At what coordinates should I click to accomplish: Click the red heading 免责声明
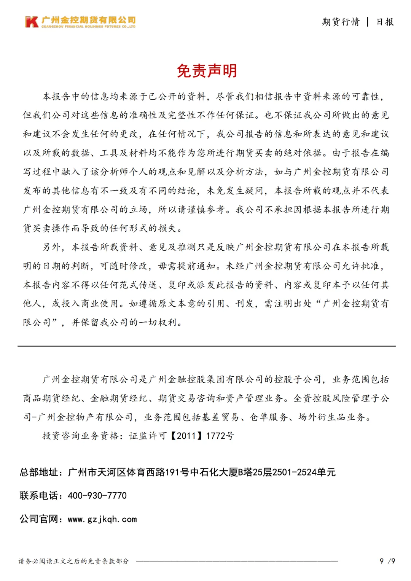pos(207,71)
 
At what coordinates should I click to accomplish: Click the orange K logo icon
pos(32,22)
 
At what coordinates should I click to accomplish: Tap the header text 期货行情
pos(341,22)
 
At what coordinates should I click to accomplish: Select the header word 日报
pos(385,22)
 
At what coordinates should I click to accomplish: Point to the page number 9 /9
pos(387,561)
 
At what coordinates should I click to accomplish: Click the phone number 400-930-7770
pos(97,495)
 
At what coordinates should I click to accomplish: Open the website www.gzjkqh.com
pos(102,519)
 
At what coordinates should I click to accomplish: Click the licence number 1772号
pos(220,436)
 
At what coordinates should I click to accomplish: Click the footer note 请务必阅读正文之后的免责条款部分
pos(74,561)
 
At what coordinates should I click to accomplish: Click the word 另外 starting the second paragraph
pos(51,247)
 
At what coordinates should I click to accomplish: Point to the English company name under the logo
pos(88,27)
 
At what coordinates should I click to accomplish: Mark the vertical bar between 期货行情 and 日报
pos(368,22)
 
